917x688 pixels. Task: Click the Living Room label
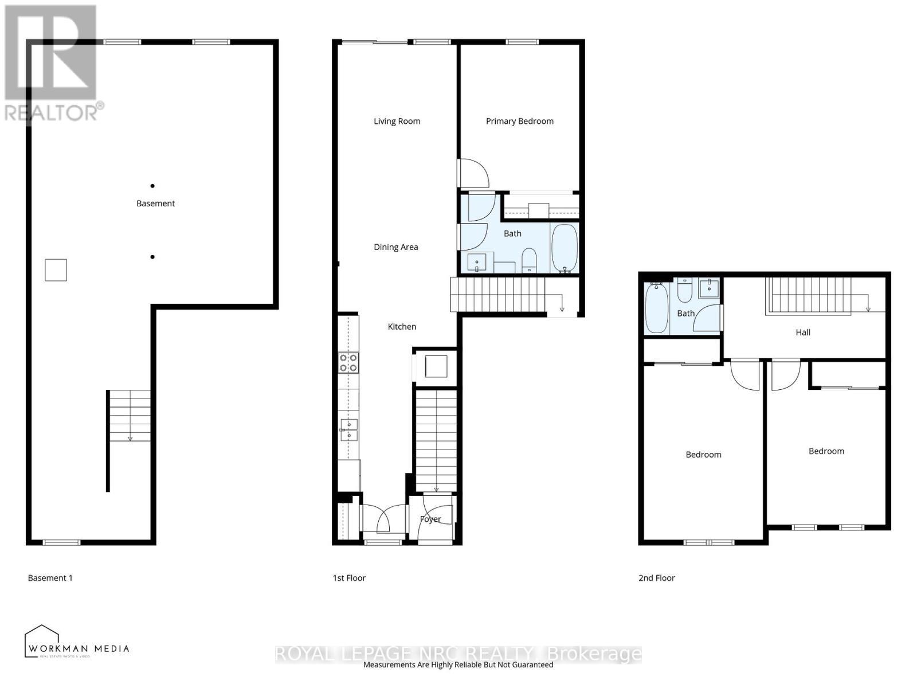click(x=397, y=121)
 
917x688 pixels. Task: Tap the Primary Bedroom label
click(x=519, y=121)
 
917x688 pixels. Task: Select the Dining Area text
click(x=395, y=247)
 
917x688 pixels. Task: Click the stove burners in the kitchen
click(x=348, y=362)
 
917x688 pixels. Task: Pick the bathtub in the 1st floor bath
click(x=564, y=248)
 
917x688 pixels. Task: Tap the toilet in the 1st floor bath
click(x=528, y=260)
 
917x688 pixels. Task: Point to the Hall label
click(x=802, y=332)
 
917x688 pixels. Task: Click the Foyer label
click(x=430, y=519)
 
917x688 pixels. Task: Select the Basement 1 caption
click(x=50, y=578)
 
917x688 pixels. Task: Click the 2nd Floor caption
click(x=656, y=578)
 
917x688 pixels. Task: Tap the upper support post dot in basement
click(x=152, y=186)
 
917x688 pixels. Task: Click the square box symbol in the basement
click(x=56, y=270)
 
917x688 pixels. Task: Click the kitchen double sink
click(x=348, y=429)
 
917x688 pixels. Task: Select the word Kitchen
click(x=402, y=326)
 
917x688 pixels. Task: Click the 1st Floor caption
click(x=349, y=578)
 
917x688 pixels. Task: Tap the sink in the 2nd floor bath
click(x=710, y=287)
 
